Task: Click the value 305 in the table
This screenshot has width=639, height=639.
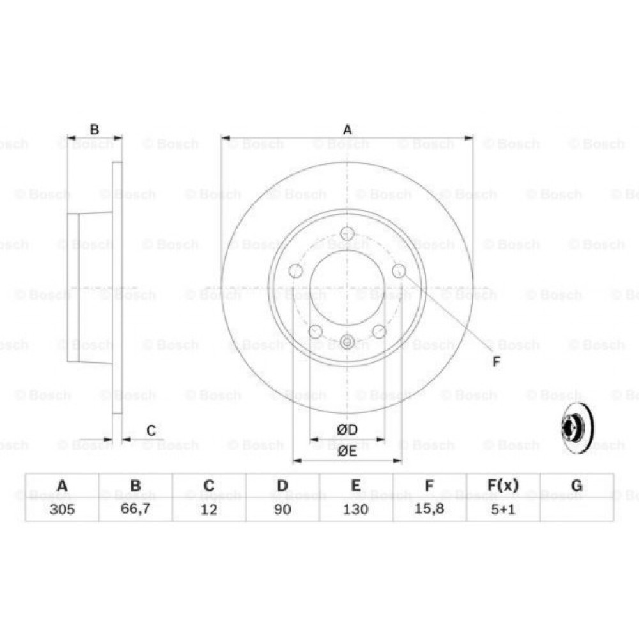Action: (62, 509)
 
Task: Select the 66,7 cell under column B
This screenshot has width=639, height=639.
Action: (135, 509)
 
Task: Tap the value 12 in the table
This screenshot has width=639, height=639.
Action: (209, 509)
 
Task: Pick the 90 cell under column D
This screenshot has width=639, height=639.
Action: (282, 509)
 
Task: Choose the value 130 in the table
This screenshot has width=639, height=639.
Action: (356, 509)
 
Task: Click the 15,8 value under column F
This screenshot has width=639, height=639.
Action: (429, 509)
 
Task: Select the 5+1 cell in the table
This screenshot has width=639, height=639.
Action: (503, 509)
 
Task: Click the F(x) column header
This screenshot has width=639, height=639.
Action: (503, 486)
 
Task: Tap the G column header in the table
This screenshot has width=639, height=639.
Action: (576, 486)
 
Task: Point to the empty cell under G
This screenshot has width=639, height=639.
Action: (576, 509)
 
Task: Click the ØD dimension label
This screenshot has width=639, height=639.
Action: (347, 429)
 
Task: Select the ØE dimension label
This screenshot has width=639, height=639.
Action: (347, 450)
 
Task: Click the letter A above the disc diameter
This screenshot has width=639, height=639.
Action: (347, 130)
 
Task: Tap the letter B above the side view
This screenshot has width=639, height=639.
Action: (94, 130)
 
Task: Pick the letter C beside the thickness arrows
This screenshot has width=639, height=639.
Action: (151, 431)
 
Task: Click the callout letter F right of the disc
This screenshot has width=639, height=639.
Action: (496, 362)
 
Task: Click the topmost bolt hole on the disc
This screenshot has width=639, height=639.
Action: (347, 233)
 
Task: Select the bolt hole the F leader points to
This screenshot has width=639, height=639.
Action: (399, 271)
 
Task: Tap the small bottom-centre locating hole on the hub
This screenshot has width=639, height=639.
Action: (347, 342)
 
